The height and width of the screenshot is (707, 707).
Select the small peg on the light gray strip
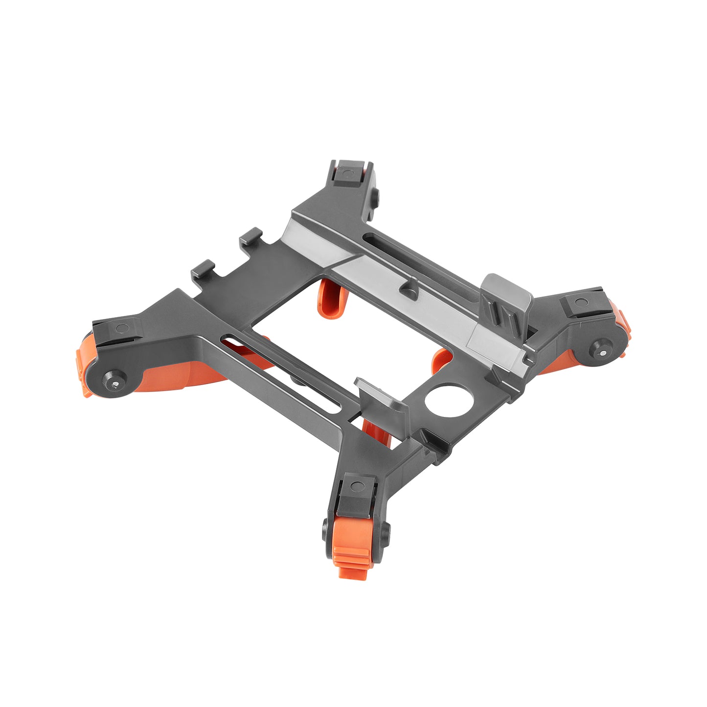(x=409, y=289)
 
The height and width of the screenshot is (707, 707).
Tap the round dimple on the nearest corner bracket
(x=358, y=486)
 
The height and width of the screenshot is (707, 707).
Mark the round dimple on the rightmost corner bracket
(x=580, y=302)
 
